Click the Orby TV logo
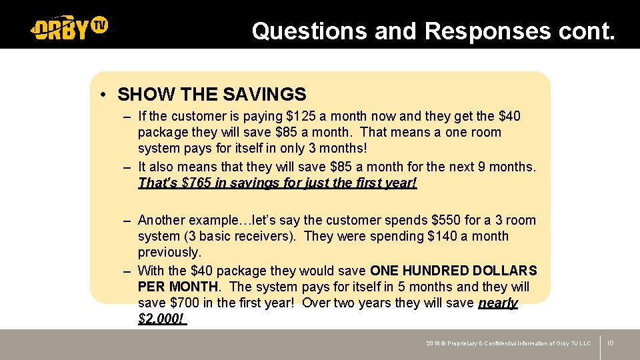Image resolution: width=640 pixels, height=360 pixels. click(x=69, y=28)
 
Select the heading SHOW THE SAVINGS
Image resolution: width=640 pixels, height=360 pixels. click(x=212, y=95)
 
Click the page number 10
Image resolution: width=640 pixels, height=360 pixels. click(x=610, y=343)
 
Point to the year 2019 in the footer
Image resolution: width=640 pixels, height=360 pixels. click(x=433, y=343)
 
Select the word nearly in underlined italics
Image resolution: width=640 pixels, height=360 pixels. click(x=498, y=303)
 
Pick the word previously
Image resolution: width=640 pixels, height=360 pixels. click(x=169, y=252)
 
